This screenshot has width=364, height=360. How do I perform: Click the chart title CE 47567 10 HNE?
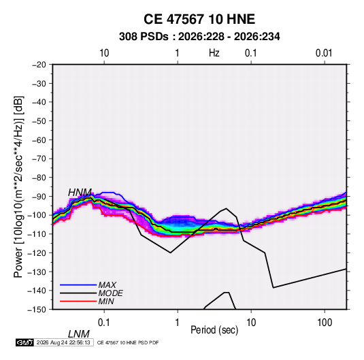click(x=199, y=19)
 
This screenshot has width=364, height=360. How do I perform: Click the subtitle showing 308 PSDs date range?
click(x=199, y=37)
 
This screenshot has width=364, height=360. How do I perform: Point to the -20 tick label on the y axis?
click(x=39, y=65)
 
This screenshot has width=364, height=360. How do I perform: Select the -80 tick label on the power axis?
click(x=39, y=178)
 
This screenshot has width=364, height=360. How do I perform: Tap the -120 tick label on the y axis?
click(x=37, y=253)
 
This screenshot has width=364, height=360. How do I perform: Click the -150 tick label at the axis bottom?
click(x=37, y=310)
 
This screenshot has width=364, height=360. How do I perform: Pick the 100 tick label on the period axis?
click(x=325, y=323)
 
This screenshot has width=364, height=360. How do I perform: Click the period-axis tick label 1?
click(x=178, y=323)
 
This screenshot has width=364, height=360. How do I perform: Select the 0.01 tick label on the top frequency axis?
click(x=324, y=53)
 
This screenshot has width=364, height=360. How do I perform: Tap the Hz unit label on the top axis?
click(x=214, y=53)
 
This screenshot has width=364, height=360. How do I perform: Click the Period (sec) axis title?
click(x=214, y=330)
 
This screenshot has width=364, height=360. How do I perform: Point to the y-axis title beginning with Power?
click(x=18, y=187)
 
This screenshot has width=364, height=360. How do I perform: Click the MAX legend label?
click(x=107, y=284)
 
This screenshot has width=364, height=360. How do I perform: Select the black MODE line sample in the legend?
click(x=78, y=293)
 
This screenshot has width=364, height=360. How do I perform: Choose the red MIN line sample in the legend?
click(x=78, y=301)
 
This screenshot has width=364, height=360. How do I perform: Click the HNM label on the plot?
click(x=80, y=193)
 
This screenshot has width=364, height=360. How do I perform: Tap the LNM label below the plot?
click(x=78, y=334)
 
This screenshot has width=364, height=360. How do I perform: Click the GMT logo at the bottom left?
click(x=24, y=342)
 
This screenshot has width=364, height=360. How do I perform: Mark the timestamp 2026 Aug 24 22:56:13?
click(x=63, y=342)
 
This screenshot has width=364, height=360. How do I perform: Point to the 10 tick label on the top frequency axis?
click(x=104, y=53)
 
